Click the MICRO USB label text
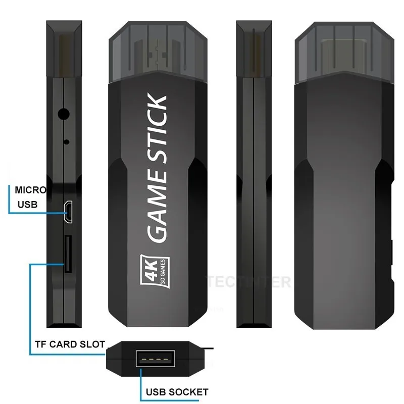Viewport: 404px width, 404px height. coord(31,197)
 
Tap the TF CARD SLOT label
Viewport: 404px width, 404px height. coord(70,345)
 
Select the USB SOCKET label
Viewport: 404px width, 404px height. coord(177,392)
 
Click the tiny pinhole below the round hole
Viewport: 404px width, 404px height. coord(67,141)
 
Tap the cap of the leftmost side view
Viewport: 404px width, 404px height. coord(63,48)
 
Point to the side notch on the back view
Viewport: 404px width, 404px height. coord(392,252)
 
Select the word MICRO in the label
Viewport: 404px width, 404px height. coord(31,190)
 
